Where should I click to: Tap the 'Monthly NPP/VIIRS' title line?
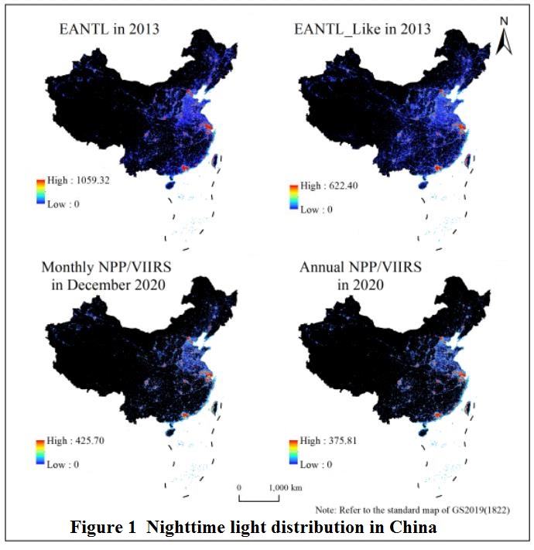pos(111,268)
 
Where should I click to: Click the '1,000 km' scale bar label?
pos(286,488)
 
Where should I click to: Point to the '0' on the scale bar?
pos(240,488)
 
